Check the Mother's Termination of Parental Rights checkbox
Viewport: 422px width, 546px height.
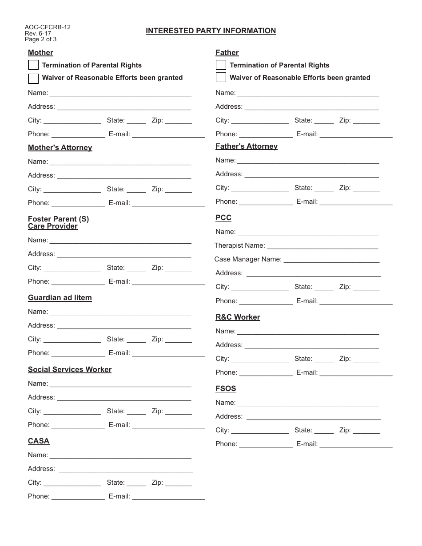[x=33, y=65]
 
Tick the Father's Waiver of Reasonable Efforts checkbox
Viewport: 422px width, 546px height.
[x=221, y=78]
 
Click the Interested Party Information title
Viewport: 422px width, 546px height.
[x=211, y=31]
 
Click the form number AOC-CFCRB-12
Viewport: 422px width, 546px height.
[x=48, y=27]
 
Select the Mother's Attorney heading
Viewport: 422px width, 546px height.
[x=60, y=147]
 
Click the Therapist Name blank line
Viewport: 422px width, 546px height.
[x=322, y=246]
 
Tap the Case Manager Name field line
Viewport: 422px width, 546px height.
[x=331, y=260]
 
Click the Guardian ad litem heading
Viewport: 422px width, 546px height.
[x=60, y=297]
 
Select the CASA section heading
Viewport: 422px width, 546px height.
[x=38, y=441]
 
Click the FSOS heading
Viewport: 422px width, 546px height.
[x=226, y=388]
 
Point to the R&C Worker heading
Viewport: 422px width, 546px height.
[x=238, y=317]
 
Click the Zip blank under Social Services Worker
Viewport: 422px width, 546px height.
[x=178, y=412]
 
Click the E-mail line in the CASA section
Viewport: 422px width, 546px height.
[x=168, y=497]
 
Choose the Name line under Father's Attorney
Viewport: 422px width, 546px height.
[x=308, y=161]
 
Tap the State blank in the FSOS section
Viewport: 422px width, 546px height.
[x=324, y=431]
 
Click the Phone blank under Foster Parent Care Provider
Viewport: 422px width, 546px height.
[x=78, y=282]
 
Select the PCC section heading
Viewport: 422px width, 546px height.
[x=223, y=218]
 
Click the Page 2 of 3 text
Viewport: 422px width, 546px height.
[x=40, y=39]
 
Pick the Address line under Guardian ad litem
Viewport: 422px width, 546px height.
[x=124, y=326]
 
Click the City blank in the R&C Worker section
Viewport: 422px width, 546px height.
[x=260, y=360]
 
